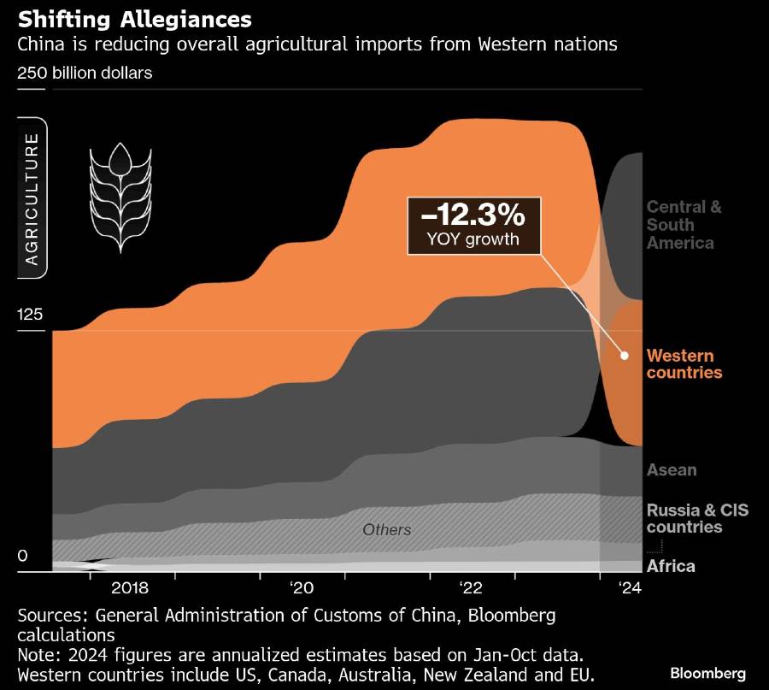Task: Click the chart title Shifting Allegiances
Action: (134, 19)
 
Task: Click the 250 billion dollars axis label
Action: (85, 73)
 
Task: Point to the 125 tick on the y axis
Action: (29, 314)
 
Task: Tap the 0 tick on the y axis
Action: (22, 556)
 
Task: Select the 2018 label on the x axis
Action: (130, 588)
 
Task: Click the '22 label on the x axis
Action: (471, 588)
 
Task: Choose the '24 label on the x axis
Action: (630, 588)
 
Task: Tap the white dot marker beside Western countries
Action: (625, 355)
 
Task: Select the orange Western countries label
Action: (684, 364)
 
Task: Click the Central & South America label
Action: (684, 225)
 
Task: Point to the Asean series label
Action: (672, 469)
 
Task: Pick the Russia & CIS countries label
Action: (697, 518)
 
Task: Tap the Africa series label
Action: (671, 566)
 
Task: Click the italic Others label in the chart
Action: (386, 530)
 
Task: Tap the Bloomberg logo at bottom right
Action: (707, 673)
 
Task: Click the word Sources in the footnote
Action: (53, 616)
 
